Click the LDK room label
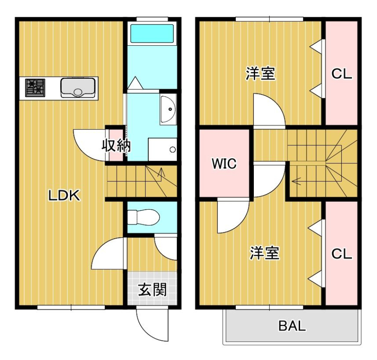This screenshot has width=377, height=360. pyautogui.click(x=64, y=195)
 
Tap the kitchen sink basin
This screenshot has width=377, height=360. pyautogui.click(x=78, y=87)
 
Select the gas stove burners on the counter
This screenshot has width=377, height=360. pyautogui.click(x=35, y=88)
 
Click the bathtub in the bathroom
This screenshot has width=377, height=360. pyautogui.click(x=152, y=33)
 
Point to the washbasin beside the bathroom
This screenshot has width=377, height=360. pyautogui.click(x=168, y=109)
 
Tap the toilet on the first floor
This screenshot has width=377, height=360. pyautogui.click(x=143, y=217)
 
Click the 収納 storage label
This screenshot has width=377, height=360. pyautogui.click(x=116, y=145)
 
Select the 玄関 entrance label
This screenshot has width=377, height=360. pyautogui.click(x=152, y=289)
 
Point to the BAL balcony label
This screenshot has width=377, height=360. pyautogui.click(x=292, y=326)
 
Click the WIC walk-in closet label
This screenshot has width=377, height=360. pyautogui.click(x=224, y=164)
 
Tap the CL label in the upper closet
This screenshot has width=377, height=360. pyautogui.click(x=341, y=74)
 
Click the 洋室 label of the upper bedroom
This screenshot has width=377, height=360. pyautogui.click(x=261, y=74)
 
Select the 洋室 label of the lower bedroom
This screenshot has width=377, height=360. pyautogui.click(x=265, y=253)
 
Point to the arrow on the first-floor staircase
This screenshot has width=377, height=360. pyautogui.click(x=160, y=172)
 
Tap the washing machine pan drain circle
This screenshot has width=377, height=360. pyautogui.click(x=173, y=149)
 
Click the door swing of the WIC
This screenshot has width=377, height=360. pyautogui.click(x=233, y=217)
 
